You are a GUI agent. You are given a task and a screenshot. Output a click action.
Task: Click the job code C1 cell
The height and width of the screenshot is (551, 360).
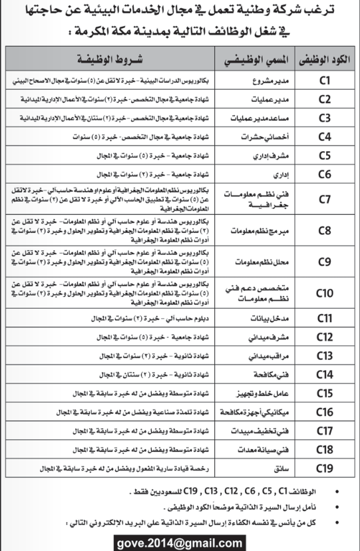(x=325, y=81)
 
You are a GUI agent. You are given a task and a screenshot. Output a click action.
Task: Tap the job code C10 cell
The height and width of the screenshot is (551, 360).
(x=325, y=292)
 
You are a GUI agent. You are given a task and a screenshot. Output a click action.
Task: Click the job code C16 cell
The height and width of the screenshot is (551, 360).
(x=325, y=412)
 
